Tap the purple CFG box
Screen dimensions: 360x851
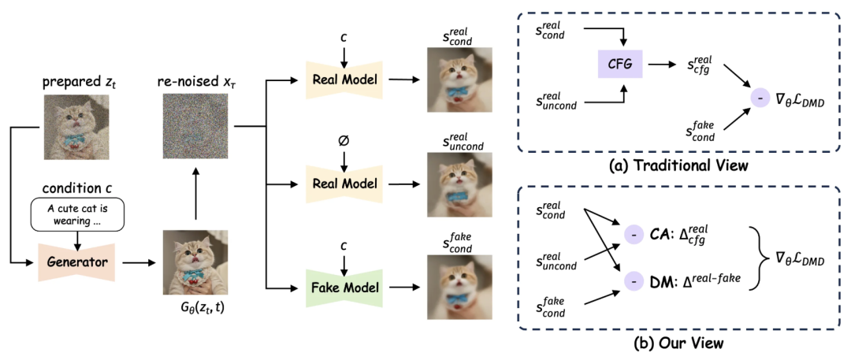click(620, 60)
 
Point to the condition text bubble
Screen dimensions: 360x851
click(78, 215)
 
